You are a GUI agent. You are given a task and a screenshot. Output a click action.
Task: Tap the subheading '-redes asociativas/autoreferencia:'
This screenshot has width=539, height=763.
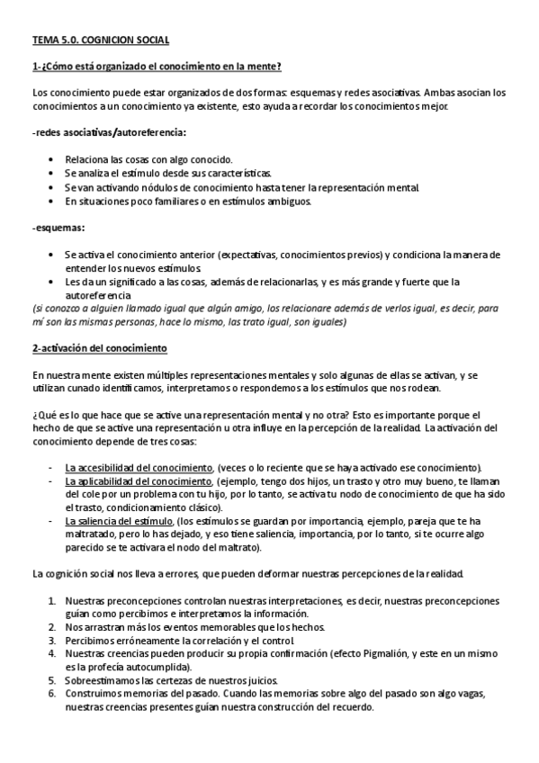click(109, 133)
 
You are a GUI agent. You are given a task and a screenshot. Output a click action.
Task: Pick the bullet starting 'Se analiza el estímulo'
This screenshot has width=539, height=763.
click(168, 173)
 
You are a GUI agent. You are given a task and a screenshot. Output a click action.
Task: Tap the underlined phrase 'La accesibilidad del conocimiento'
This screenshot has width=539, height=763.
click(139, 468)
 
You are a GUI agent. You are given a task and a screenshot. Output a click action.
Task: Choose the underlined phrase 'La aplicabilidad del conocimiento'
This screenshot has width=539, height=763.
click(138, 481)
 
